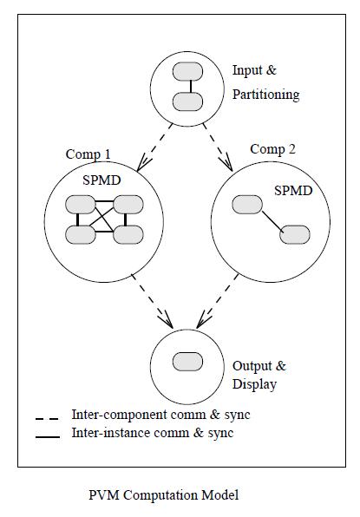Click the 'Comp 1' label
tap(88, 154)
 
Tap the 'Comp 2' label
tap(273, 149)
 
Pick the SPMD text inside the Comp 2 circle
tap(292, 189)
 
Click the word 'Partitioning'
tap(265, 94)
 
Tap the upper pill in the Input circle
tap(187, 71)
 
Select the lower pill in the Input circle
tap(187, 101)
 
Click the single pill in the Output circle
tap(187, 360)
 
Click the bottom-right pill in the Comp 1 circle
tap(128, 234)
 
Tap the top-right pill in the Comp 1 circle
tap(128, 205)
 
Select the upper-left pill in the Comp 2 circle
tap(245, 205)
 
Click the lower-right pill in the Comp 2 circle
tap(294, 234)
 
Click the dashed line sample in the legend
tap(48, 418)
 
